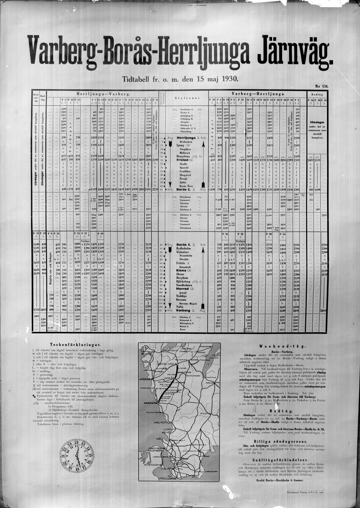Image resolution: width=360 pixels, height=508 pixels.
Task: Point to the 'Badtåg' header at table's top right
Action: pyautogui.click(x=317, y=94)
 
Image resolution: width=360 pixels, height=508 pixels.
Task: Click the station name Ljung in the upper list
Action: pyautogui.click(x=181, y=145)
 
